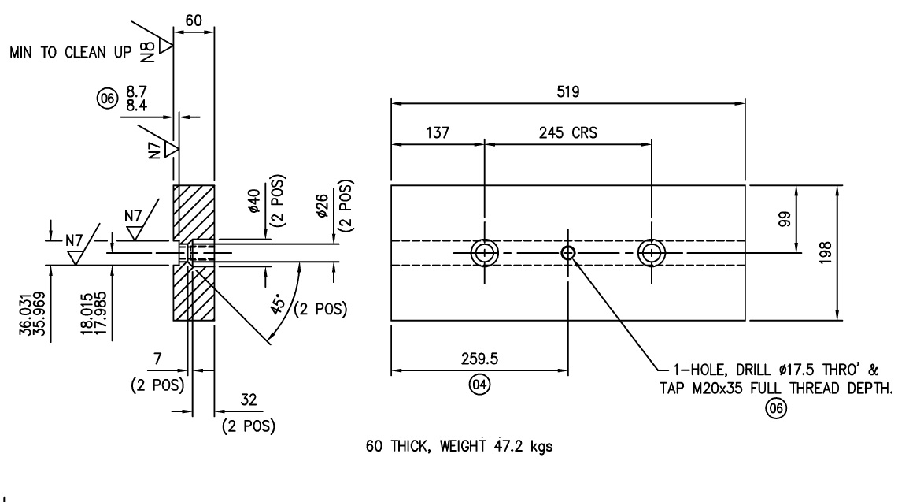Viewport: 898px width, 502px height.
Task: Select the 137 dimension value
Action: click(x=437, y=132)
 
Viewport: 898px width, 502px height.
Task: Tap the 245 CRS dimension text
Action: click(x=567, y=132)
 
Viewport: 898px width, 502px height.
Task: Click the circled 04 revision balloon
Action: click(x=479, y=386)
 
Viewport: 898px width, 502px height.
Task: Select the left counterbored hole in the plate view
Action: click(x=485, y=253)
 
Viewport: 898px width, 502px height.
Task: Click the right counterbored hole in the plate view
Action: click(x=652, y=253)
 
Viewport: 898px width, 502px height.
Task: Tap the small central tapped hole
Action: click(x=567, y=253)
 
